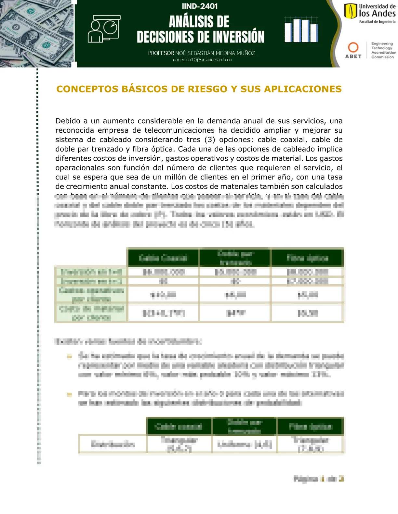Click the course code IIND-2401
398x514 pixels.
pos(200,6)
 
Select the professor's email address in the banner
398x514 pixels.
pos(201,60)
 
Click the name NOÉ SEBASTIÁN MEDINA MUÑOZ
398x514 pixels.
pos(215,53)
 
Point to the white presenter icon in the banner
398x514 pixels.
pos(104,29)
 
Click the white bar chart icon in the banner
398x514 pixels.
pos(301,30)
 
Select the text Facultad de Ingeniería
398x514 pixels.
pos(377,22)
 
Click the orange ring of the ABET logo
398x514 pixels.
pos(353,47)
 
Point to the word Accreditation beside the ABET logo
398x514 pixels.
pos(384,53)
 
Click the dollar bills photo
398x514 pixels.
pos(37,33)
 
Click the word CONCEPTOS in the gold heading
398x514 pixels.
pos(87,89)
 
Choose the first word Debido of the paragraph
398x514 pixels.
pos(68,121)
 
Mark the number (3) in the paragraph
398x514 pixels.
pos(210,140)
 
